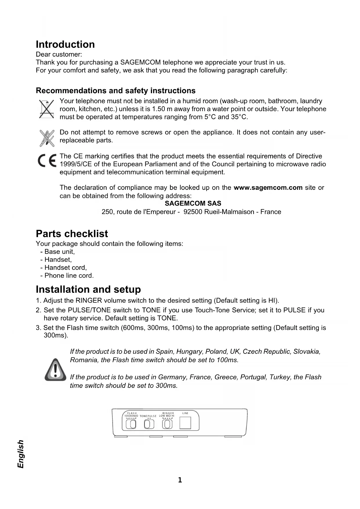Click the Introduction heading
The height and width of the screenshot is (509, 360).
[x=65, y=44]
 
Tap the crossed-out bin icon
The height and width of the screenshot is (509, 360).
[x=46, y=109]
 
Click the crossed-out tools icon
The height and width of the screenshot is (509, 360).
[x=47, y=138]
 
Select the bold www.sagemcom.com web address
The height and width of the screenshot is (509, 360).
[x=268, y=187]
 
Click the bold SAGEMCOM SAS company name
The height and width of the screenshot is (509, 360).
[x=193, y=203]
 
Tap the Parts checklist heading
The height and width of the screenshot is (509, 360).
[x=72, y=234]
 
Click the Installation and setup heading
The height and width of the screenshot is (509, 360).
[x=88, y=289]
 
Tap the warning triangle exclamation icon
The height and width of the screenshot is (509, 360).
[x=55, y=370]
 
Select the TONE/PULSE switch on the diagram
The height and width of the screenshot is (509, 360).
[x=149, y=424]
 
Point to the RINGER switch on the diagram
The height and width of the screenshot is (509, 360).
[x=167, y=424]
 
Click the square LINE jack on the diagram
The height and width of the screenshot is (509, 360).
[x=185, y=423]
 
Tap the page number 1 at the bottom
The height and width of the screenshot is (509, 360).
[x=180, y=480]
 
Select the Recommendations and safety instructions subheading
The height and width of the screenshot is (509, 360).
[x=115, y=91]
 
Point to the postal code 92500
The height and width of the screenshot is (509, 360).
[x=193, y=212]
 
